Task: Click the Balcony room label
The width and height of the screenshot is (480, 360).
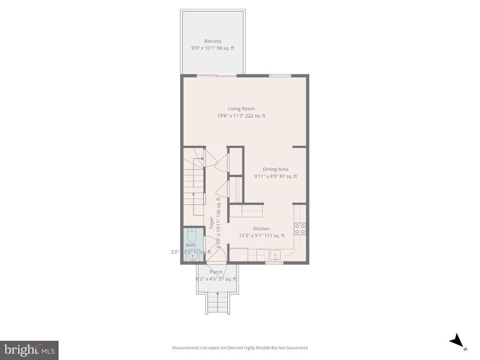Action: point(212,41)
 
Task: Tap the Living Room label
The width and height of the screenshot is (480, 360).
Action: point(241,109)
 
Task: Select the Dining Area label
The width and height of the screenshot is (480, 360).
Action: point(275,169)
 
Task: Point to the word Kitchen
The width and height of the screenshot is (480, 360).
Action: point(262,229)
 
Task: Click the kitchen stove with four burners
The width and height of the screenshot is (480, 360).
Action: point(300,228)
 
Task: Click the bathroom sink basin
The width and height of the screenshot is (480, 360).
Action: point(192,256)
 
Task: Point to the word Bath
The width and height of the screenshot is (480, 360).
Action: point(191,245)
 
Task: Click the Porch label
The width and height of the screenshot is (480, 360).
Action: point(216,272)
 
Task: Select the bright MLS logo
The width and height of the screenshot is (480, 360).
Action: point(29,350)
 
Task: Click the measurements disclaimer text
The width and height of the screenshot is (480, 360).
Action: point(240,348)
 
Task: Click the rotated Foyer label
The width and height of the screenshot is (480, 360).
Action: point(212,222)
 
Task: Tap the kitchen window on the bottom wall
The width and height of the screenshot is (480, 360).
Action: point(274,263)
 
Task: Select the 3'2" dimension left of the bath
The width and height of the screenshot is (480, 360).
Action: point(174,252)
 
